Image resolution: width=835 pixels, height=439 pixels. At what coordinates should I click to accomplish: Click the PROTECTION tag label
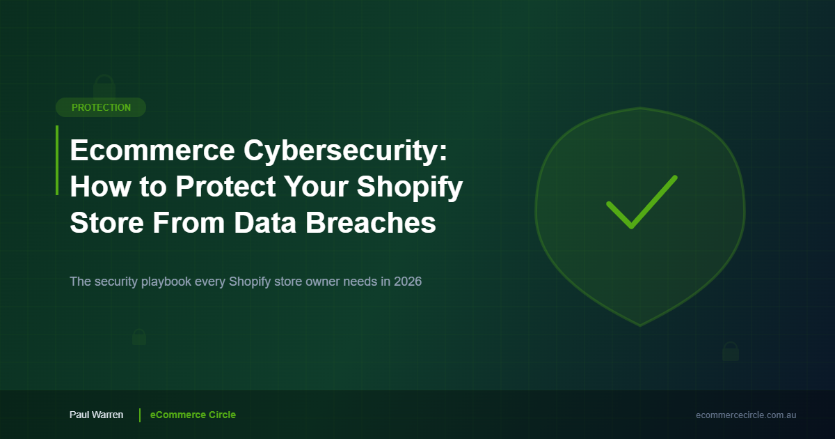[x=101, y=107]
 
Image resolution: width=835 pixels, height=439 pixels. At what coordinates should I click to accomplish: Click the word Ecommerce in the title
[x=152, y=151]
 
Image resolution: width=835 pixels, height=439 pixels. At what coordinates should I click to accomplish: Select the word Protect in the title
[x=225, y=187]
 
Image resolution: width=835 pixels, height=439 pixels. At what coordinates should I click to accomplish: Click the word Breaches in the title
[x=370, y=222]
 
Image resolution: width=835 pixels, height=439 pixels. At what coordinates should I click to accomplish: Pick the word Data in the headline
[x=265, y=223]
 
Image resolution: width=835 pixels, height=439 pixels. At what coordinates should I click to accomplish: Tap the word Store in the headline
[x=107, y=223]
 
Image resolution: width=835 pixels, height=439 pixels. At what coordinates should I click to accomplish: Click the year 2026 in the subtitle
[x=408, y=282]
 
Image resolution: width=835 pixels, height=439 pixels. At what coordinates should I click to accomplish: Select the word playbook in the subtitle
[x=166, y=282]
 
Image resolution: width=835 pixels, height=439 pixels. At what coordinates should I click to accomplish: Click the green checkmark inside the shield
[x=642, y=201]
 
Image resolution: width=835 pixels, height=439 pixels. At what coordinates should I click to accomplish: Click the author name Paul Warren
[x=96, y=415]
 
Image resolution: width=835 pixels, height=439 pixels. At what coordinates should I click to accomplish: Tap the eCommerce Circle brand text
[x=193, y=415]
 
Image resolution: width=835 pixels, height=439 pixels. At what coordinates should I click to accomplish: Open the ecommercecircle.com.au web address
[x=746, y=415]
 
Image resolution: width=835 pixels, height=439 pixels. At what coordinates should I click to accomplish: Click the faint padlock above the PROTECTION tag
[x=104, y=86]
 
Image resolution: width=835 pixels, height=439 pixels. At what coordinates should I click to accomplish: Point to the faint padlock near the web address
[x=731, y=351]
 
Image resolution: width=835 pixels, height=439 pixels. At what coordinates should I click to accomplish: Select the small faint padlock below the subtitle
[x=139, y=337]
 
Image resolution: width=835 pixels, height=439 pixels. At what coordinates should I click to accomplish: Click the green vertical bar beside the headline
[x=57, y=160]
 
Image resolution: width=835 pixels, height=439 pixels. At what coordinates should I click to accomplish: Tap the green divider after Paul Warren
[x=140, y=415]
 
